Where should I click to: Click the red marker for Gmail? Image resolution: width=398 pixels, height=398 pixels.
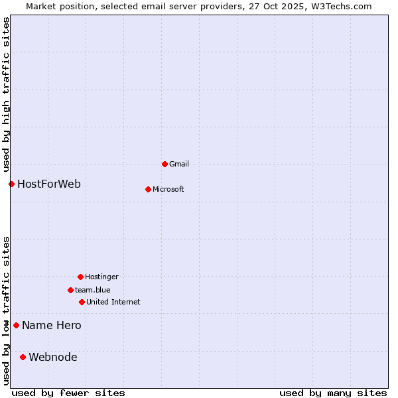point(165,164)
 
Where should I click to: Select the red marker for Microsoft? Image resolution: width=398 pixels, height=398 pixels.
point(148,189)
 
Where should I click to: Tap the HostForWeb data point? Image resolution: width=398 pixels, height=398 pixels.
point(11,184)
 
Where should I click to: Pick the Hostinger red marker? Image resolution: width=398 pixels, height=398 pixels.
point(80,277)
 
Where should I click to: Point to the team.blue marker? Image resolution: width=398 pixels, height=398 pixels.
point(70,290)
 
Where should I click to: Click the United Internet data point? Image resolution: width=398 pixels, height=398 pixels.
point(82,302)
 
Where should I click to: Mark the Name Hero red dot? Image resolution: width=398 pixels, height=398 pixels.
point(16,325)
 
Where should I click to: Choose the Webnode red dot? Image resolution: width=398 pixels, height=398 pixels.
point(23,357)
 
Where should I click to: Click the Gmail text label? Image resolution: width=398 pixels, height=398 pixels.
point(179,164)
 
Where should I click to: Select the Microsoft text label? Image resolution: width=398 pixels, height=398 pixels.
point(168,189)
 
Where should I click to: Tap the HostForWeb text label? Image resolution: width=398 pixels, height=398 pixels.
point(49,184)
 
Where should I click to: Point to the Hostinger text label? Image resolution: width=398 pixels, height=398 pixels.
point(101,277)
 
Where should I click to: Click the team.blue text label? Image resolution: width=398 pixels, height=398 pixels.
point(93,290)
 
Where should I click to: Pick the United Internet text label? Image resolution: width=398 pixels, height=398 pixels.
point(113,302)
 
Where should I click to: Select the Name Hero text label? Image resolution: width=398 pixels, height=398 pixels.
point(52,325)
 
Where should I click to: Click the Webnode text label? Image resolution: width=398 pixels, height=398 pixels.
point(53,357)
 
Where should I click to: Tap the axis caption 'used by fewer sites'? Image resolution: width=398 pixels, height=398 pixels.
point(68,393)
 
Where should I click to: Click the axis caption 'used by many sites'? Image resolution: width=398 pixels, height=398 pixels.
point(333,393)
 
